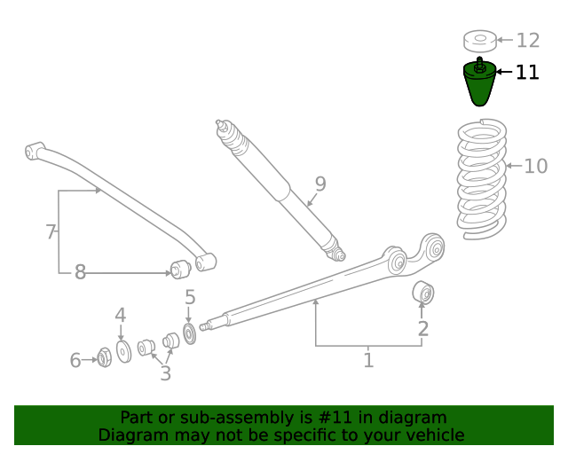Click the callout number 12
(528, 40)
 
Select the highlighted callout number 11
(527, 72)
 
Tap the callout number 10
(536, 166)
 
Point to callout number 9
(320, 184)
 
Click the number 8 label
(80, 272)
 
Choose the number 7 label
(51, 232)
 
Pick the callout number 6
(75, 360)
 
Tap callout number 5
(190, 298)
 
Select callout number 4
(120, 315)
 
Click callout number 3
(165, 373)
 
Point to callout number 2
(423, 329)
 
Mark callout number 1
(368, 360)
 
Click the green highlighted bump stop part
(480, 85)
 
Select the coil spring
(481, 181)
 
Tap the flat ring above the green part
(479, 41)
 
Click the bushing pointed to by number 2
(422, 292)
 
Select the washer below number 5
(189, 334)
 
